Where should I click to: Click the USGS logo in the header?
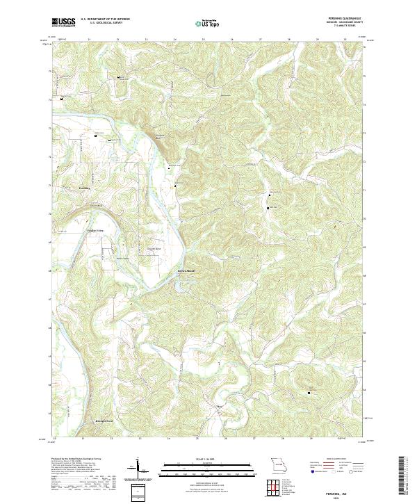64,22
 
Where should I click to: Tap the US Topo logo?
208,23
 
